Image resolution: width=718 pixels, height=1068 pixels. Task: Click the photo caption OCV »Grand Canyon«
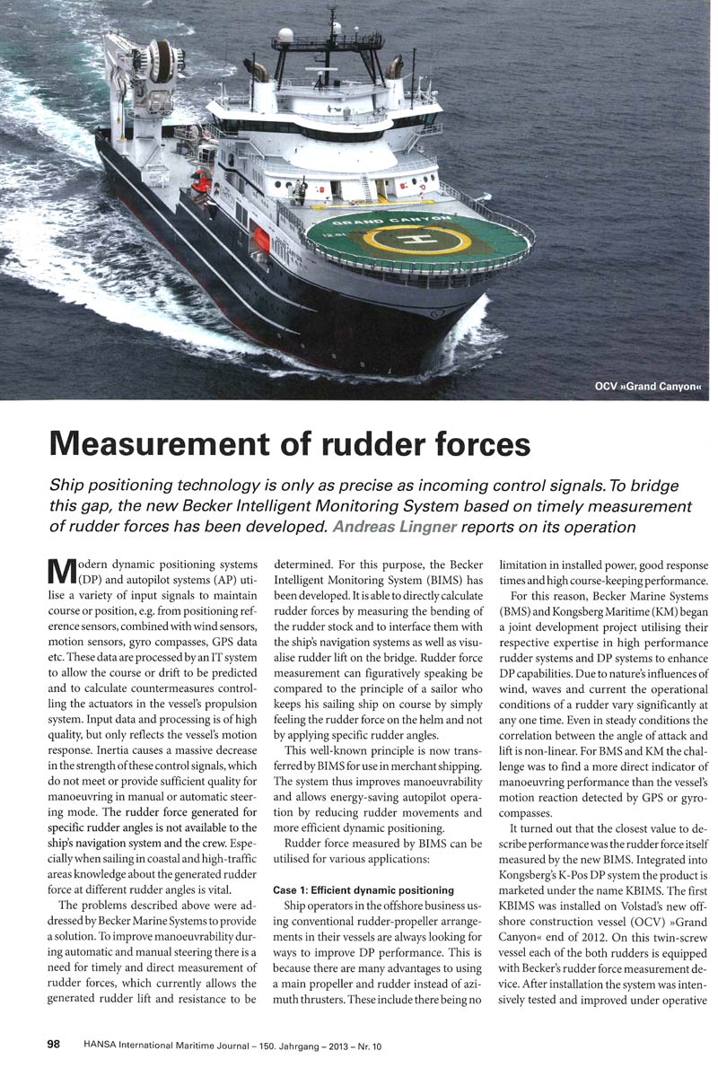[647, 387]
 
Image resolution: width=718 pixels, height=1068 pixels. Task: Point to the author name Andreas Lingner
[391, 527]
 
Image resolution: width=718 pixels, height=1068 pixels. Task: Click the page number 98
[53, 1045]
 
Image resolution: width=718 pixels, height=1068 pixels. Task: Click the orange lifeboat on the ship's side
[261, 238]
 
